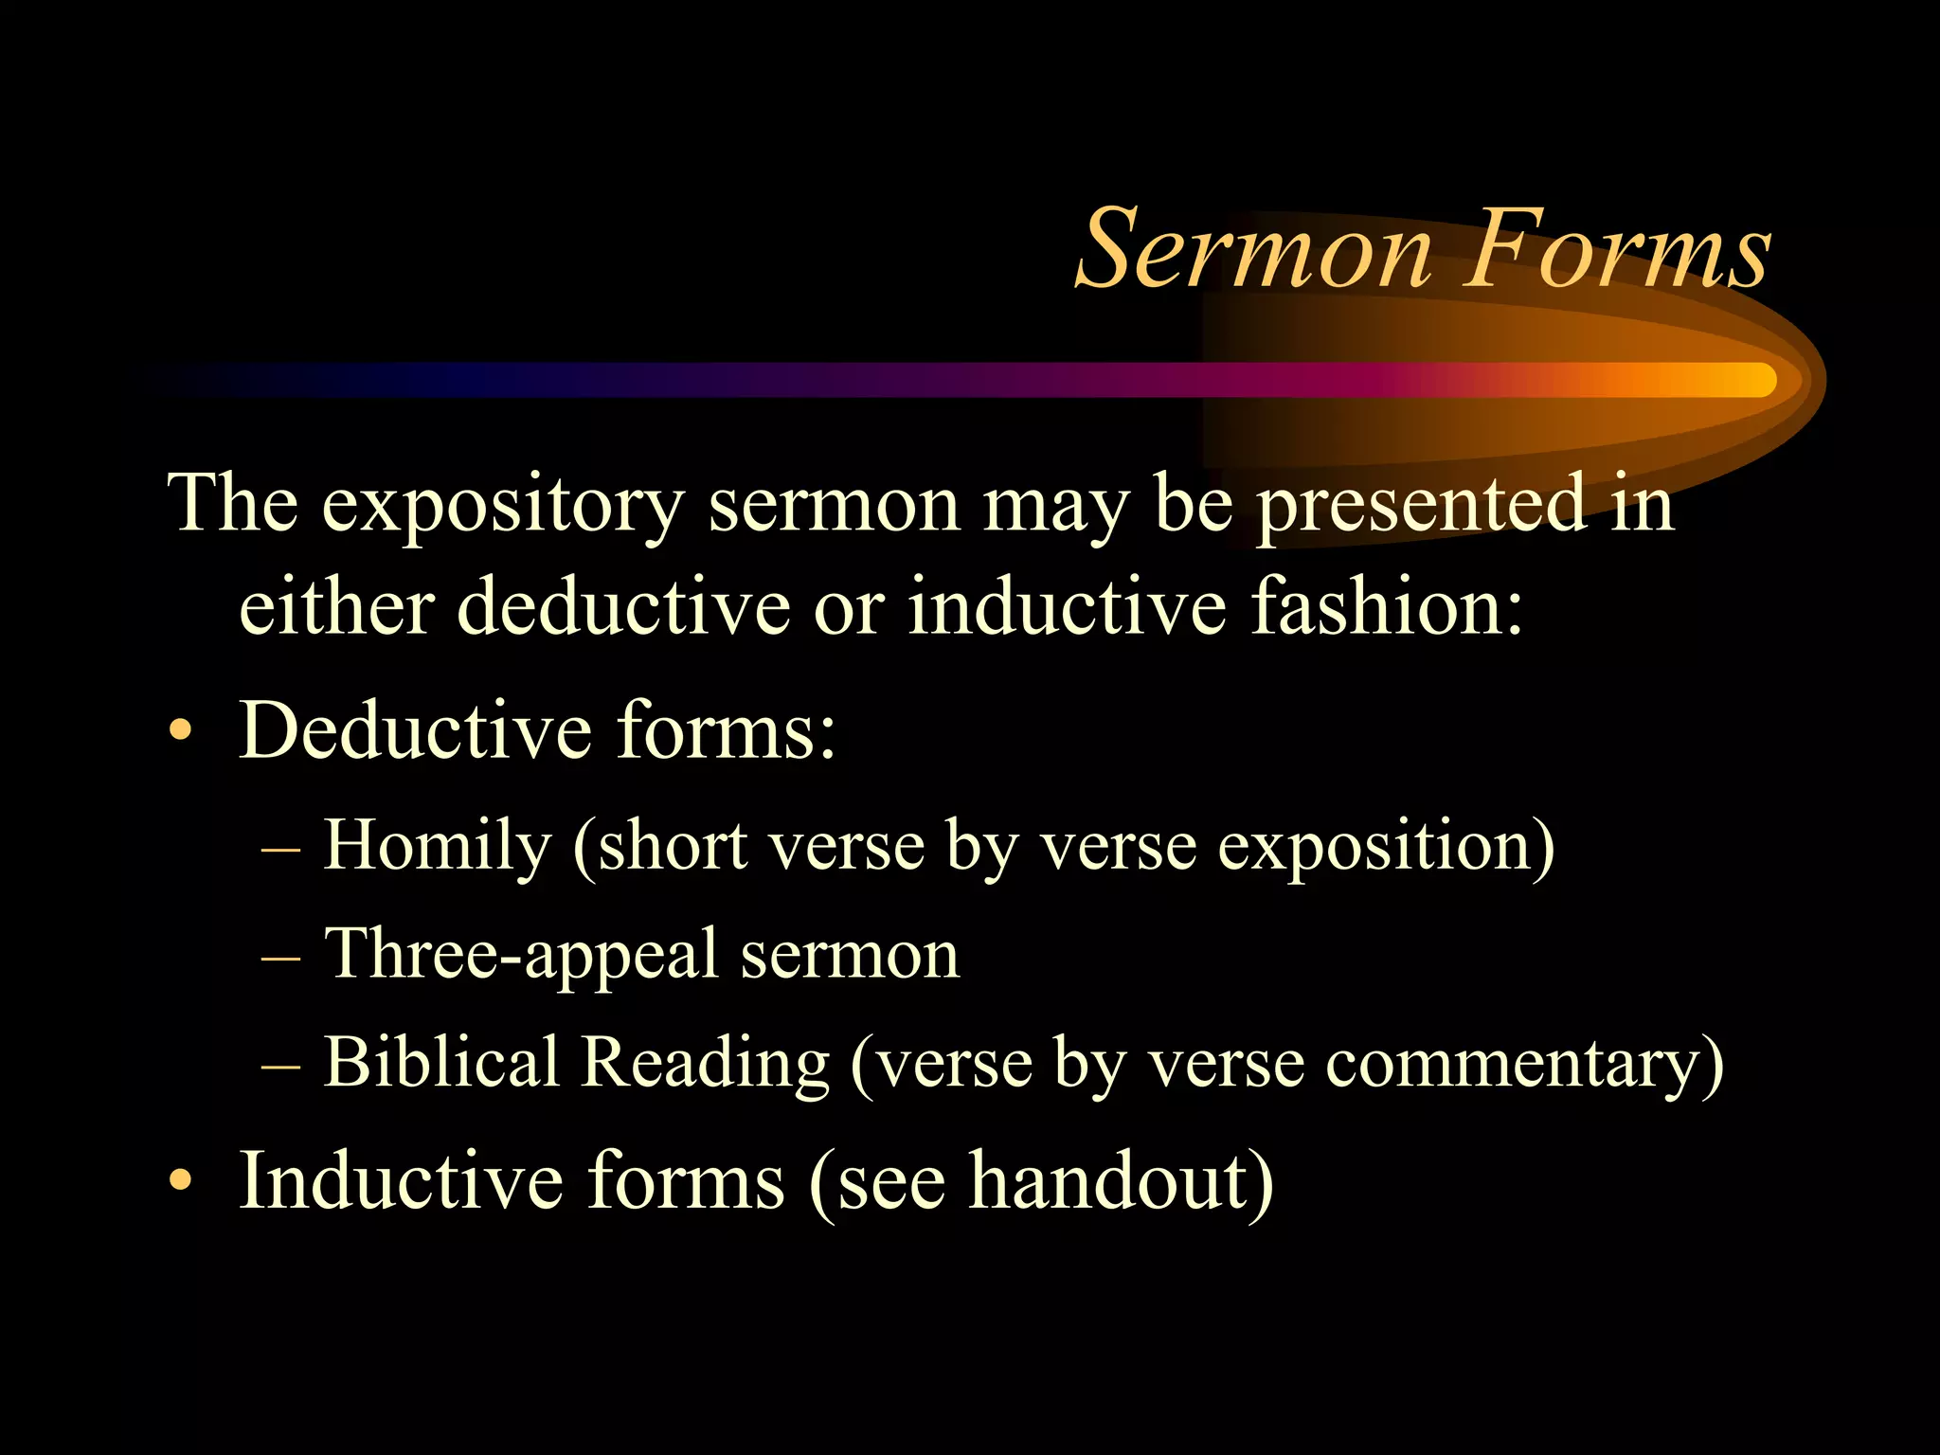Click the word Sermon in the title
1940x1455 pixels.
click(x=1254, y=250)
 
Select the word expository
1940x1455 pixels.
click(x=503, y=504)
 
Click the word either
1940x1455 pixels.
click(x=335, y=606)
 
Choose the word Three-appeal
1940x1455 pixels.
click(x=521, y=954)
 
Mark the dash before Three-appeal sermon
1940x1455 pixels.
click(x=280, y=958)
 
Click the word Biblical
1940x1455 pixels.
click(x=441, y=1061)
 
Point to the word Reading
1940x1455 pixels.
click(x=705, y=1063)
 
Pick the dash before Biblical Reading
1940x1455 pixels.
click(x=280, y=1066)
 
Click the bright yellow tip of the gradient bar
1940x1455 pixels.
click(x=1752, y=380)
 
